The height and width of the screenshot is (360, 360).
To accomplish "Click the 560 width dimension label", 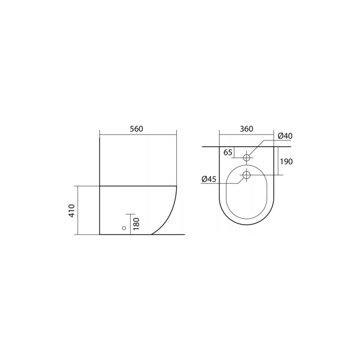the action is point(136,129).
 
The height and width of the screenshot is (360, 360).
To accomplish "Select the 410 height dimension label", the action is point(72,211).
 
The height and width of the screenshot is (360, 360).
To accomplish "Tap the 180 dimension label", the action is point(136,224).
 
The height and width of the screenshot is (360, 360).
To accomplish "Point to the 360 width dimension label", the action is point(246,129).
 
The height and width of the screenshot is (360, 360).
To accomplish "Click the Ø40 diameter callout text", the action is point(285,136).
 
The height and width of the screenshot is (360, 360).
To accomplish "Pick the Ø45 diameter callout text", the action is point(209,179).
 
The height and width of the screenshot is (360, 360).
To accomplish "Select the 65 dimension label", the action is point(228,152).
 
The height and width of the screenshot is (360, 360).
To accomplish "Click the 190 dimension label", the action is point(287,162).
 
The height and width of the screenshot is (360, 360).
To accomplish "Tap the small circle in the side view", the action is point(124,228).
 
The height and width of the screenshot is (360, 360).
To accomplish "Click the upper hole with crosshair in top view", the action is point(247,158).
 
